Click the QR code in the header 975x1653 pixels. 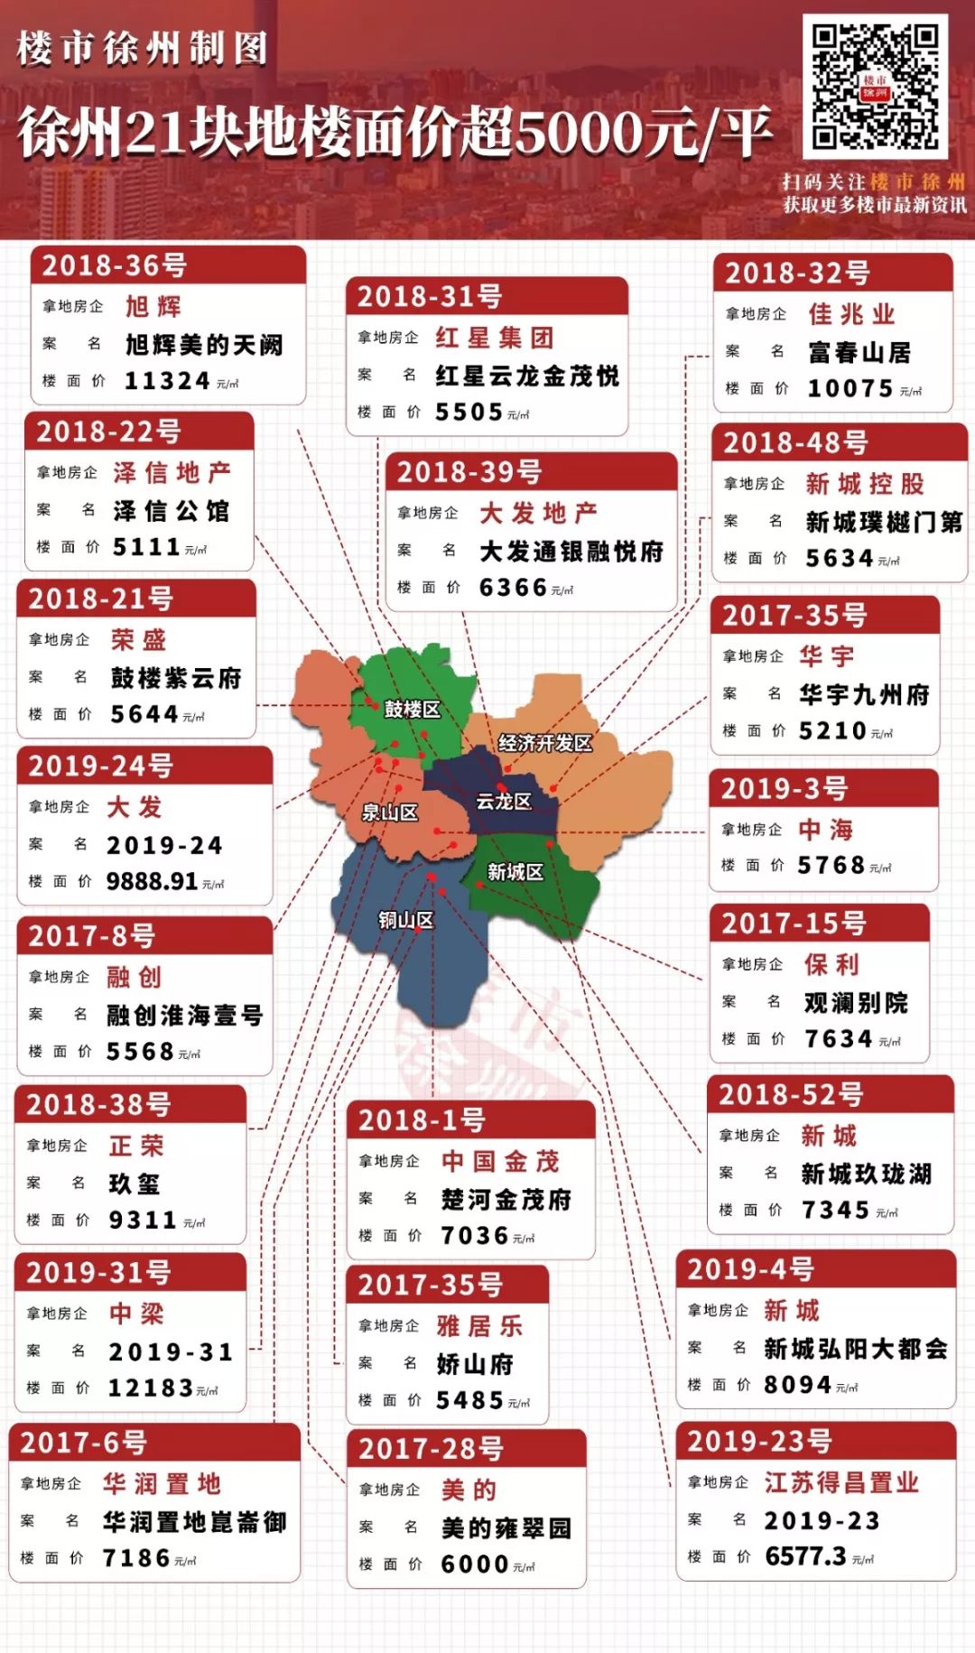click(875, 86)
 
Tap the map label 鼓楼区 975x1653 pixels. click(413, 710)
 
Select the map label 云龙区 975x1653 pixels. click(504, 801)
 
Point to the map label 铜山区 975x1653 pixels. click(405, 920)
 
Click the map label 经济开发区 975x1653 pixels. click(544, 743)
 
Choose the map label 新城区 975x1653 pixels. click(515, 872)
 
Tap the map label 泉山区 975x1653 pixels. click(390, 813)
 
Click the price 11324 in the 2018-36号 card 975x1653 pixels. click(167, 381)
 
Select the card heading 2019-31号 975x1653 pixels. click(98, 1272)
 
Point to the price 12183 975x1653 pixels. click(151, 1388)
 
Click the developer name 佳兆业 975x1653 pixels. click(851, 314)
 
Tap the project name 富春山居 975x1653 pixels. click(859, 352)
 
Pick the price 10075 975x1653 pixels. click(850, 389)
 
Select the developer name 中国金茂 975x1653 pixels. click(500, 1161)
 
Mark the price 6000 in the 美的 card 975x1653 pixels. click(475, 1564)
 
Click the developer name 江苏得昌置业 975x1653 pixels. click(841, 1482)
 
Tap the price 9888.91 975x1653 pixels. click(152, 881)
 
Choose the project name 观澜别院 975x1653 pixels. click(856, 1003)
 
